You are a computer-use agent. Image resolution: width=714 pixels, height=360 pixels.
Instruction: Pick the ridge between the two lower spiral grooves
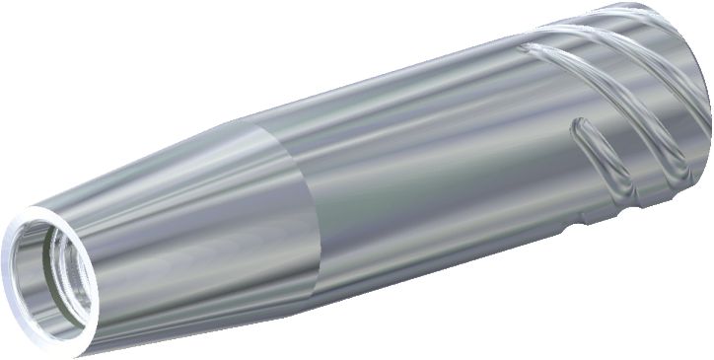(631, 148)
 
